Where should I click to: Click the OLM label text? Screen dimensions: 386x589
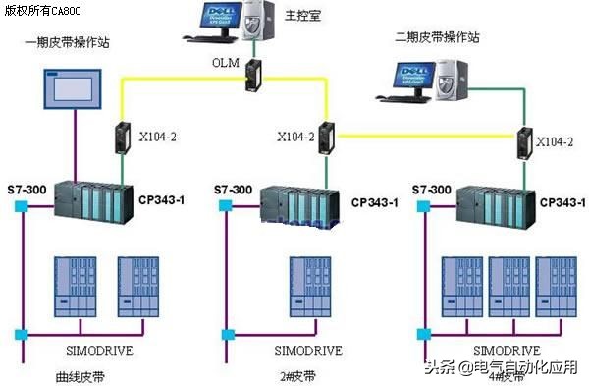pos(225,62)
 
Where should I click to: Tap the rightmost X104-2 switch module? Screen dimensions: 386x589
pos(528,142)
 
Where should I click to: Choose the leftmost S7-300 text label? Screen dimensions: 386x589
pos(25,188)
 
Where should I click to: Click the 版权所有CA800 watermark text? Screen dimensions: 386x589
pos(45,11)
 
